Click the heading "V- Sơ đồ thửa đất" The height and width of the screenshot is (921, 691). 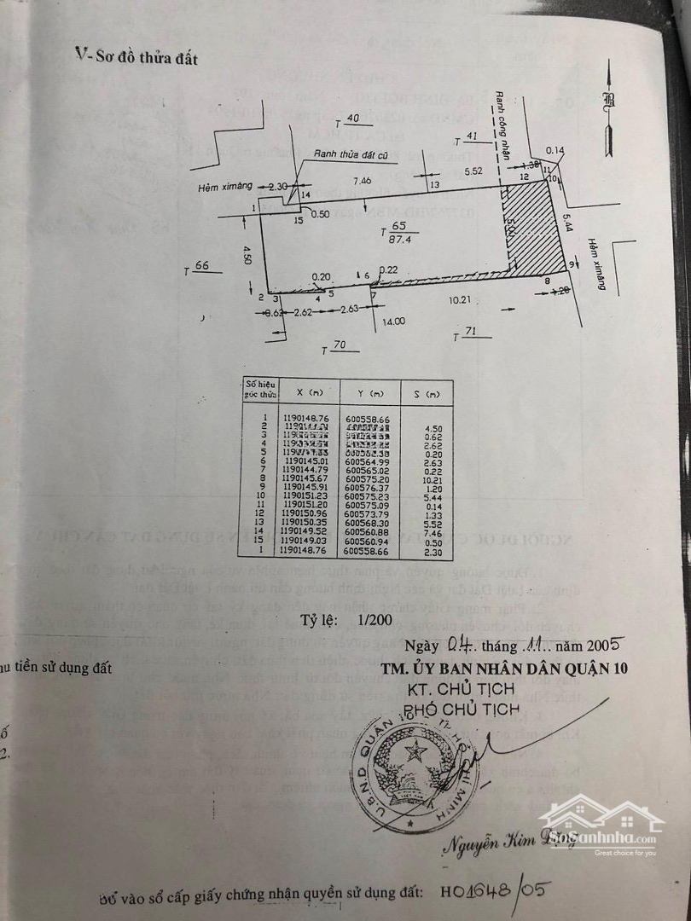click(x=136, y=57)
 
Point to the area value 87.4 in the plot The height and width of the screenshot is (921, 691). click(x=398, y=241)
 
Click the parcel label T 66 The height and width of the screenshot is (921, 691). click(x=201, y=268)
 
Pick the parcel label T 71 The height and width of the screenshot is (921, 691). click(x=467, y=335)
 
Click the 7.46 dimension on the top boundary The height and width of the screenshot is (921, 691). click(x=363, y=181)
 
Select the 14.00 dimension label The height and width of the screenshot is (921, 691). click(x=393, y=321)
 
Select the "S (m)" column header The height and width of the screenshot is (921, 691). click(x=433, y=393)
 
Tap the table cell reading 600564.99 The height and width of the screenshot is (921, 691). click(x=368, y=462)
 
